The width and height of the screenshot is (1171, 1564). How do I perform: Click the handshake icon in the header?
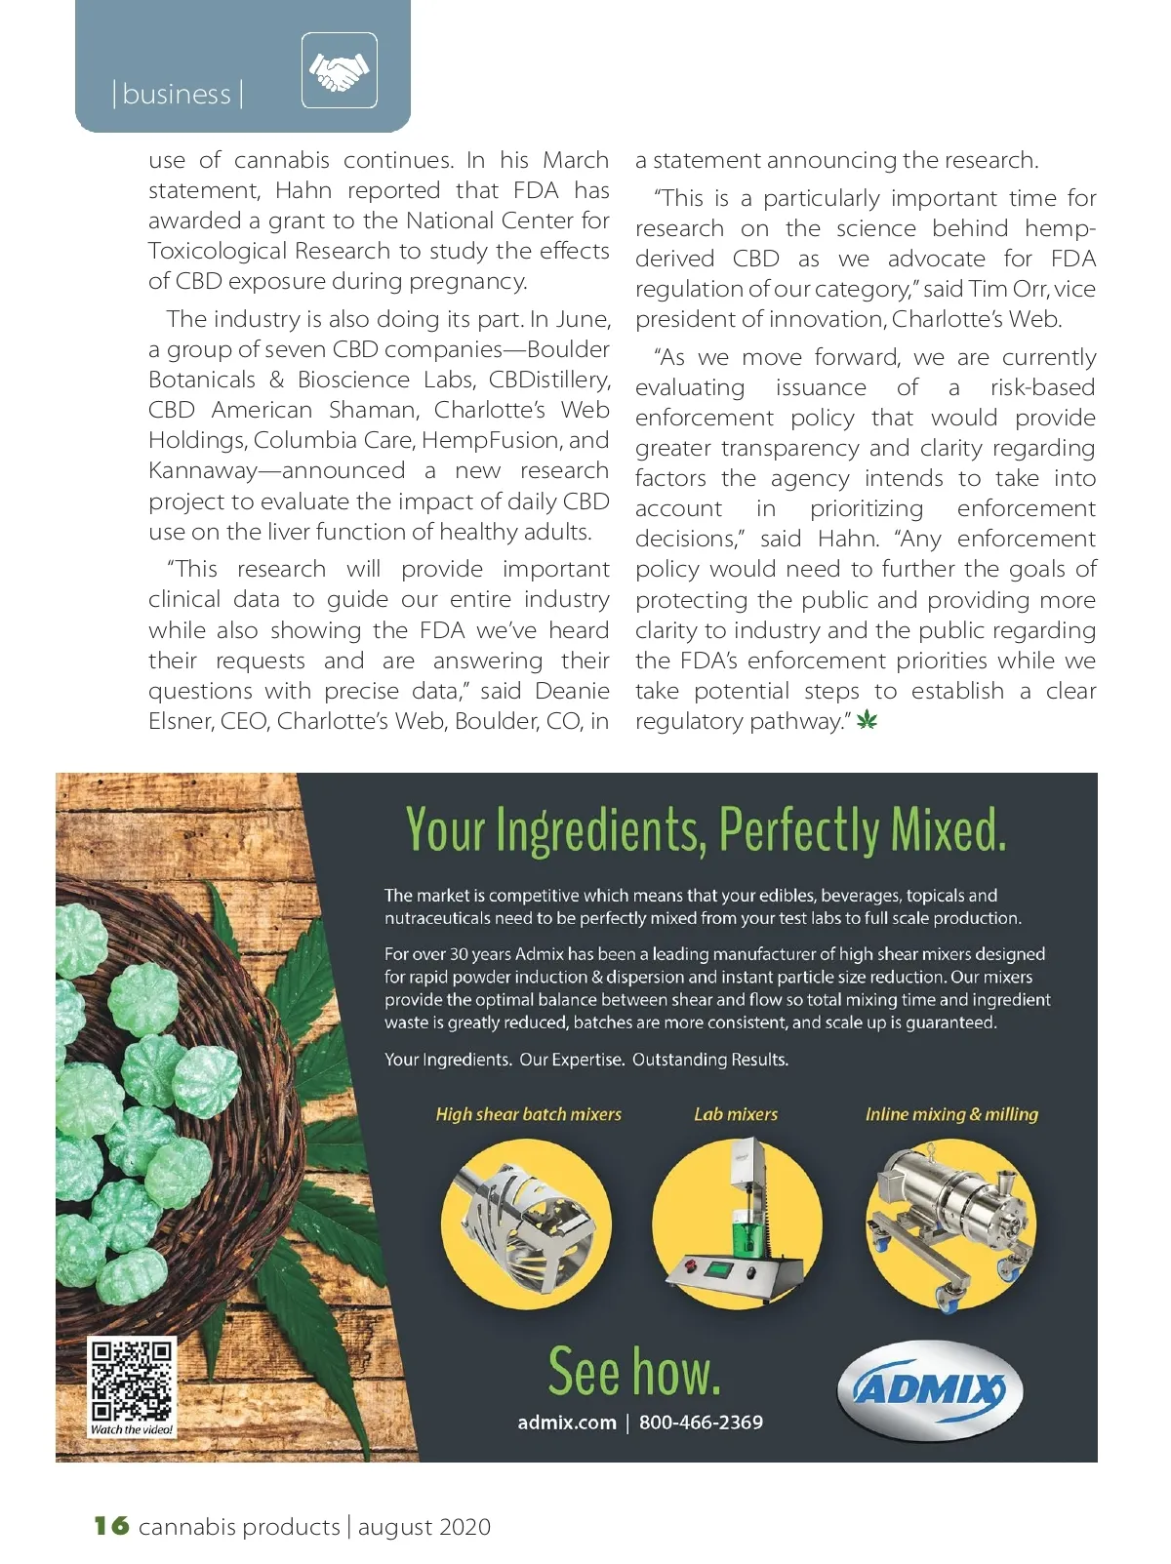click(x=339, y=70)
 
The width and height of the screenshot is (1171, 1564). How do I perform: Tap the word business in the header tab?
click(x=177, y=95)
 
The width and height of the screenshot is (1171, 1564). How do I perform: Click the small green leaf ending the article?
click(x=867, y=721)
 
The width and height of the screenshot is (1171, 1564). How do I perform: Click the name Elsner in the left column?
click(x=181, y=721)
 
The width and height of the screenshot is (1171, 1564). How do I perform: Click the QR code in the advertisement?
click(x=132, y=1381)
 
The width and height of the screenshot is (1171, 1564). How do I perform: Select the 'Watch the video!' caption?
click(x=132, y=1429)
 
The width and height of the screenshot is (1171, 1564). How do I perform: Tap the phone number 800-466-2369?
click(x=701, y=1423)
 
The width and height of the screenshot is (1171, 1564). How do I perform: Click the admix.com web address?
click(x=567, y=1423)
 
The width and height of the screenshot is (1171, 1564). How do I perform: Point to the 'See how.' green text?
click(x=634, y=1371)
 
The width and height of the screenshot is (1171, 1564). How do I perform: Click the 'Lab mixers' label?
click(x=736, y=1114)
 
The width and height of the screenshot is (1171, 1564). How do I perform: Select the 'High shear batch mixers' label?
click(x=528, y=1114)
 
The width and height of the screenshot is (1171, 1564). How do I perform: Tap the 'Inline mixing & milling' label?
click(x=951, y=1114)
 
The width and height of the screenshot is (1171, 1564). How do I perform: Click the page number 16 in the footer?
click(x=111, y=1525)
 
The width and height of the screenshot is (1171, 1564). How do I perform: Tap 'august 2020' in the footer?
click(x=424, y=1527)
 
